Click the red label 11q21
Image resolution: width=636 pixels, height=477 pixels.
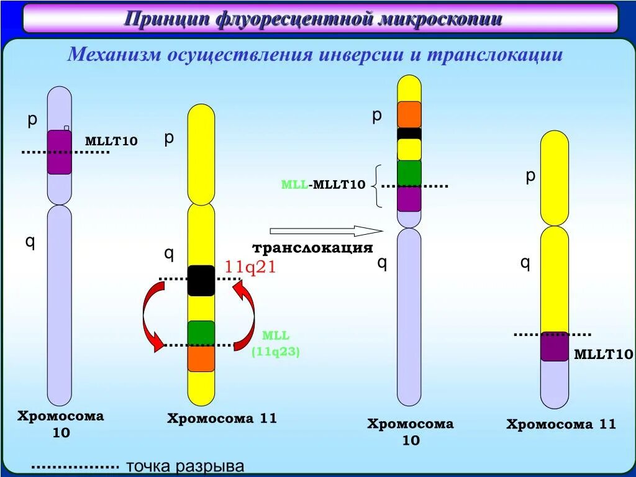(x=250, y=267)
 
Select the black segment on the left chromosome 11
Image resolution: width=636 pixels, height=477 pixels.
(x=201, y=280)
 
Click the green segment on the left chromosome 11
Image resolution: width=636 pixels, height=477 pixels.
(x=201, y=333)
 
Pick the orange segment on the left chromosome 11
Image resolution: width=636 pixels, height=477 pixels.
(x=201, y=358)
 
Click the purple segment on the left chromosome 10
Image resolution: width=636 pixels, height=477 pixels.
(x=60, y=152)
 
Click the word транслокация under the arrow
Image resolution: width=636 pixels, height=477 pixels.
(x=312, y=248)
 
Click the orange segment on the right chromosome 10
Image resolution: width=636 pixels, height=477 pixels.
(x=409, y=114)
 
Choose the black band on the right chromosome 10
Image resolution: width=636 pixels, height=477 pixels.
(x=409, y=133)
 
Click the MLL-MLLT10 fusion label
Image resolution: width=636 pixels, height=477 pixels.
(x=323, y=184)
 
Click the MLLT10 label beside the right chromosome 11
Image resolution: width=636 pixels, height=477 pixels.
(x=603, y=355)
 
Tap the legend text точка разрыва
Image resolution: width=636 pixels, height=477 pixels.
(x=185, y=467)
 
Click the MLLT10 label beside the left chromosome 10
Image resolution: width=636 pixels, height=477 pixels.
(x=111, y=142)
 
